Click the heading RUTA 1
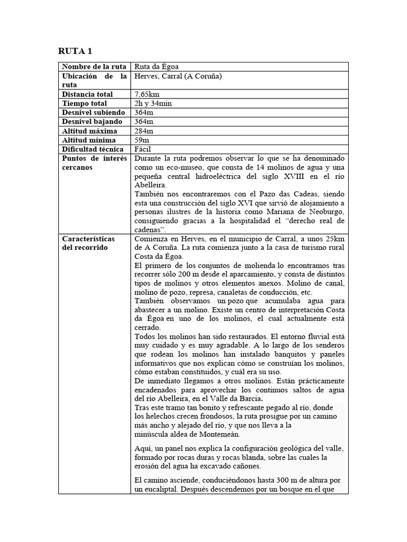(75, 51)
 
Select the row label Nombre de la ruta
(94, 67)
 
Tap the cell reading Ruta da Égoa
(156, 67)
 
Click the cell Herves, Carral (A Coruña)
(178, 76)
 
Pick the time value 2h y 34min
(153, 103)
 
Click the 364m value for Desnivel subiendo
(144, 113)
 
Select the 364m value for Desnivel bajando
(144, 122)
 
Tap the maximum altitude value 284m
(144, 131)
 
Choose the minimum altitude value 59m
(142, 140)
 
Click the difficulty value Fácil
(144, 149)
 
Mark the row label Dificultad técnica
(93, 149)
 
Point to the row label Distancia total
(87, 94)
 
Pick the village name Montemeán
(218, 435)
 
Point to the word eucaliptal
(158, 490)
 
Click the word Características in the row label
(89, 239)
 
